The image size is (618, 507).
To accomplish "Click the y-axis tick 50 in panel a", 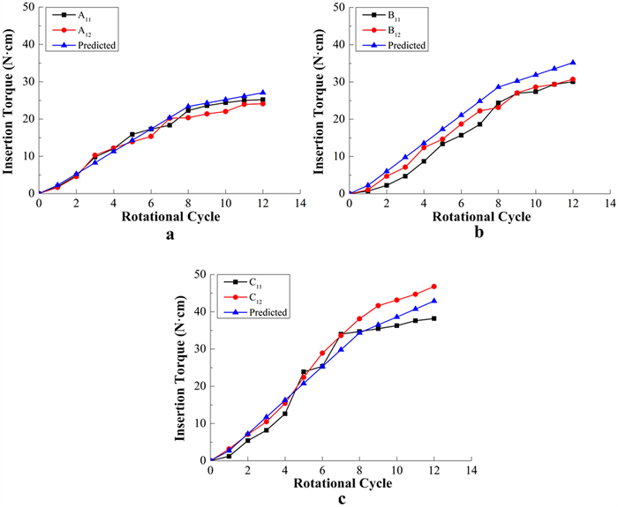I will pos(28,7).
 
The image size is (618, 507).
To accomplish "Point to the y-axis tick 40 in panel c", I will pos(200,311).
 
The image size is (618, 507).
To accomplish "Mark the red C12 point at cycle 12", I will pos(433,286).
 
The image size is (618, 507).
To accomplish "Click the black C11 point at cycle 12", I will pos(433,318).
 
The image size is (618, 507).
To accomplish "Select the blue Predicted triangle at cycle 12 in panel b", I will pos(572,63).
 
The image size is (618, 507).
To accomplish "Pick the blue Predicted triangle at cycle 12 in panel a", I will pos(262,92).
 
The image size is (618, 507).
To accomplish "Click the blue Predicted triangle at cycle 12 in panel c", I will pos(433,301).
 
